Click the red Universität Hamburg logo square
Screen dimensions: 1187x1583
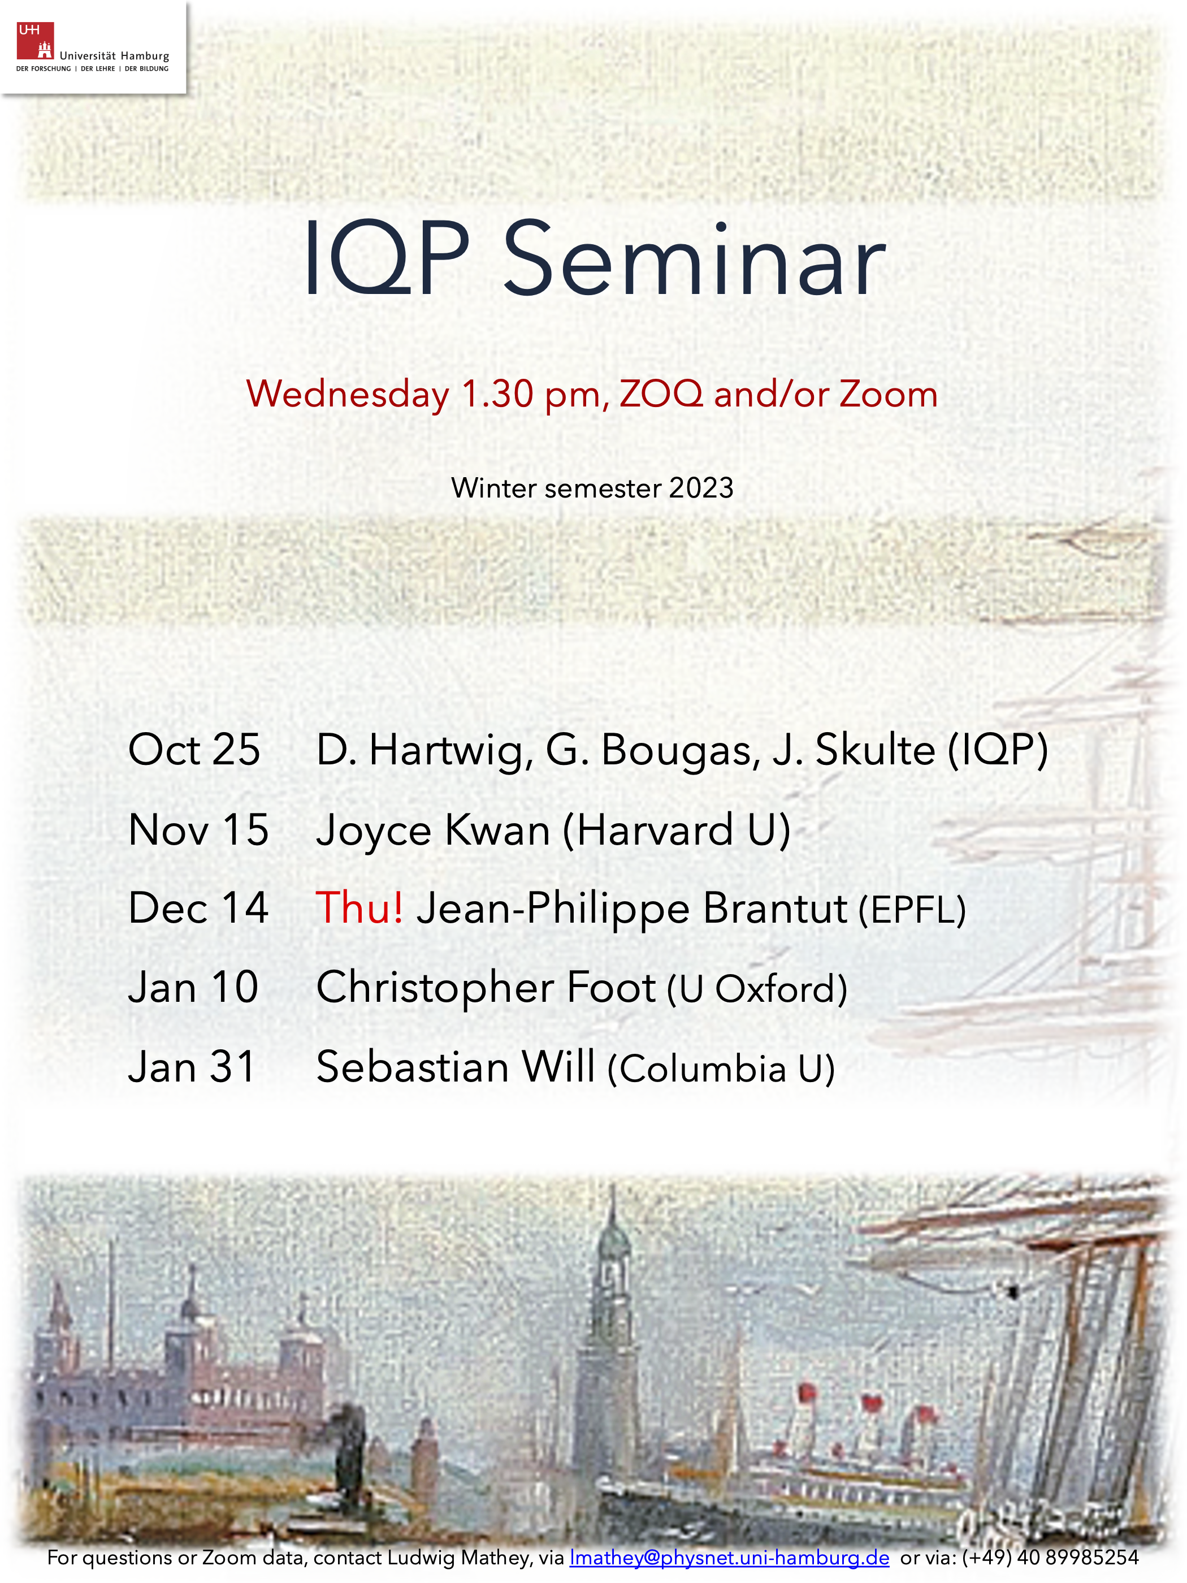(35, 41)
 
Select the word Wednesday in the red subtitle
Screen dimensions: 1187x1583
(348, 394)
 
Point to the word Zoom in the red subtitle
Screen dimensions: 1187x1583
(888, 394)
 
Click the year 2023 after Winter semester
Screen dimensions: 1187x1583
(701, 488)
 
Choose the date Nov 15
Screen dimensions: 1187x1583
(198, 829)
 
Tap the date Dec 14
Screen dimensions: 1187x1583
(198, 907)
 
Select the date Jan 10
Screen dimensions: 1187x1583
(193, 987)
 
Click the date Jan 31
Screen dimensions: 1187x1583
(192, 1066)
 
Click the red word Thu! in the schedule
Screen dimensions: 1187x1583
(359, 907)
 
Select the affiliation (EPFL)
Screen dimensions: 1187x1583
(912, 910)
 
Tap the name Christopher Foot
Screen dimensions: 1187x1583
(486, 988)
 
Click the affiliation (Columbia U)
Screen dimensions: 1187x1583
(721, 1069)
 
